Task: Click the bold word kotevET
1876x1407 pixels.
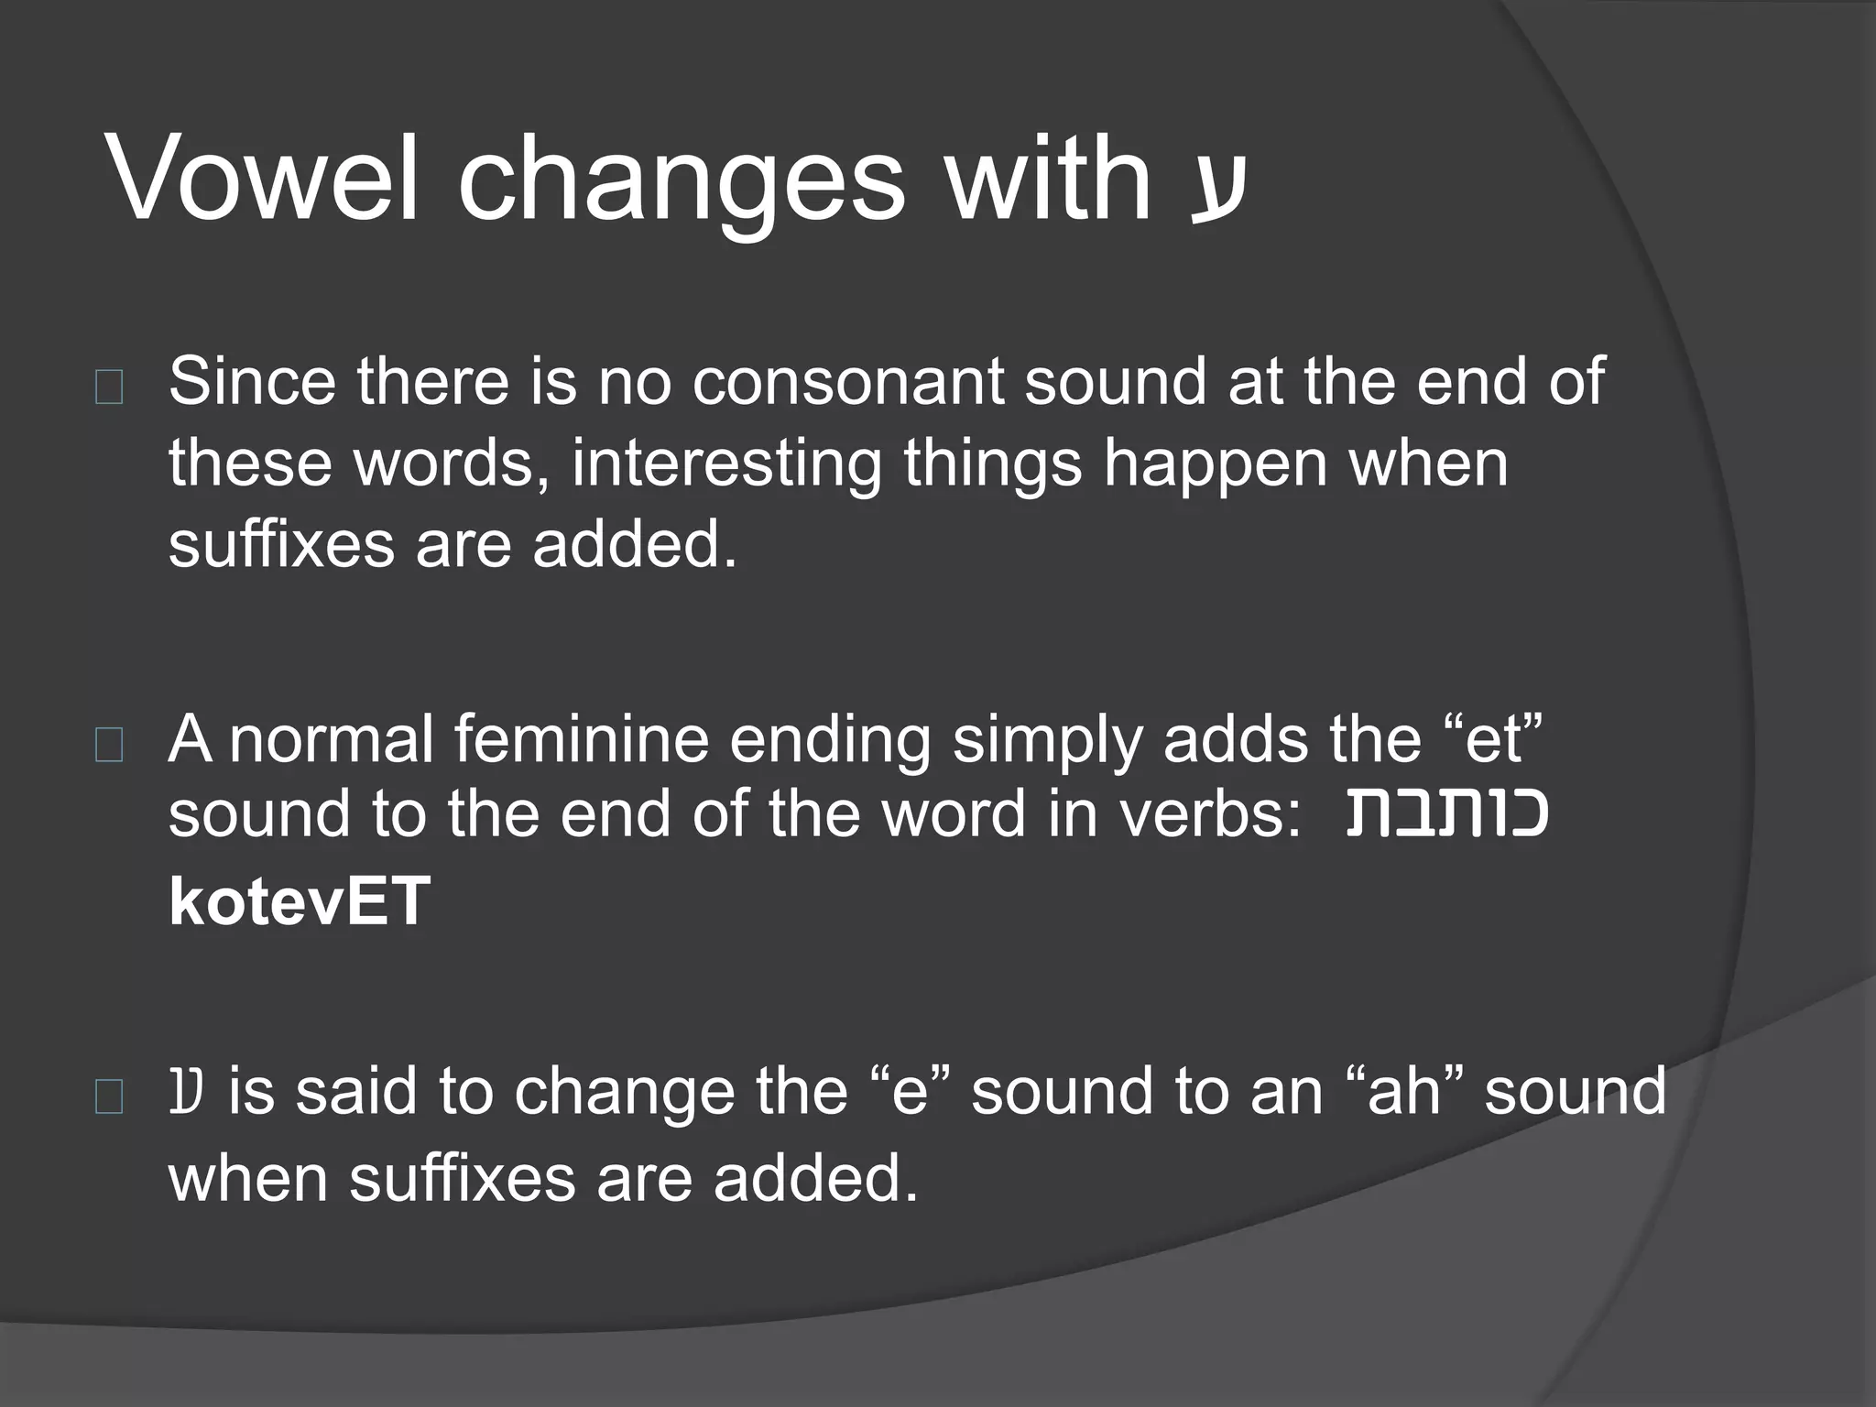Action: [x=300, y=902]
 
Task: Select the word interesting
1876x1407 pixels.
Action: [x=726, y=464]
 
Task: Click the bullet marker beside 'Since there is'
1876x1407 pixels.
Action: [x=109, y=388]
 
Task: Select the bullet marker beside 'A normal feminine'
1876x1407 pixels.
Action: [x=109, y=747]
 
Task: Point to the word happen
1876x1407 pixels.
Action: [x=1216, y=464]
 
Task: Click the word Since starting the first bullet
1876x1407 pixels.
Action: [x=252, y=382]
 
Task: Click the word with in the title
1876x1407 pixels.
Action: [x=1047, y=178]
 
